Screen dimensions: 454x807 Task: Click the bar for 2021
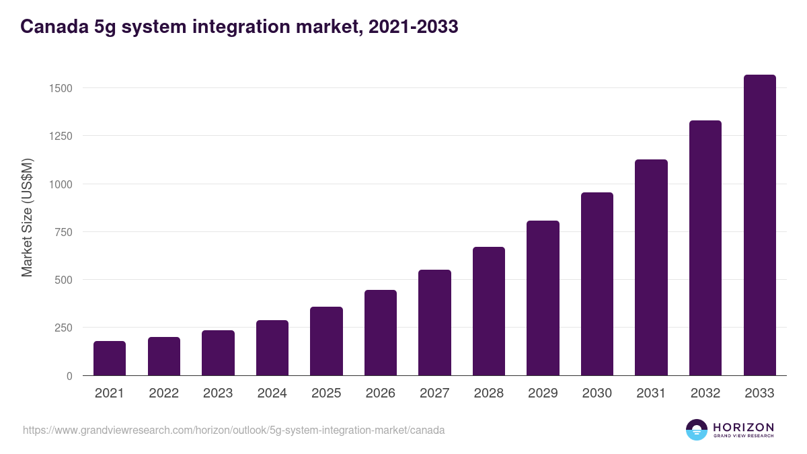coord(110,358)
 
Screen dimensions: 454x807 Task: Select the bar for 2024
coord(272,348)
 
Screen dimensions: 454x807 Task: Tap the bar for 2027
coord(434,323)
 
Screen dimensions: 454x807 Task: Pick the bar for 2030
coord(597,284)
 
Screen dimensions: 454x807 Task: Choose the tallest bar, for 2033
coord(759,225)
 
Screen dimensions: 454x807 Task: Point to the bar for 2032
coord(705,248)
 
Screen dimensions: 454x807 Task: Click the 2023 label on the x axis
coord(218,393)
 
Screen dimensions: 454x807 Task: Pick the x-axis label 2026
coord(381,393)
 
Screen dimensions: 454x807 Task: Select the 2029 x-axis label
coord(543,393)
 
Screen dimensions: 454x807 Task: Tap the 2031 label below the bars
coord(651,393)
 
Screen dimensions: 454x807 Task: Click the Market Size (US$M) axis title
coord(27,217)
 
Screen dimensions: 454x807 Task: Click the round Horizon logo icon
coord(696,430)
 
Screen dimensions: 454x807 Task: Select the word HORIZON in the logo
coord(742,426)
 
